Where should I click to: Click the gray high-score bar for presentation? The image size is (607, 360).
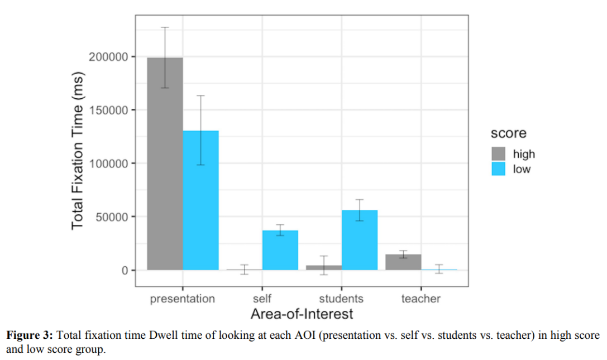pos(165,167)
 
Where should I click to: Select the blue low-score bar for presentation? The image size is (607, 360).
pos(200,201)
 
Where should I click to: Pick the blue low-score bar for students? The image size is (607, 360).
pos(360,240)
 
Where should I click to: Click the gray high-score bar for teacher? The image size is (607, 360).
pos(403,262)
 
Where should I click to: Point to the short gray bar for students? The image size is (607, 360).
pos(324,268)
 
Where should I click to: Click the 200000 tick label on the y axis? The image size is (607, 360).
pos(108,57)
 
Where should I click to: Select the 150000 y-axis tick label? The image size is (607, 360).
pos(108,110)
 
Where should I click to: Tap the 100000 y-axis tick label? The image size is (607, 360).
pos(108,164)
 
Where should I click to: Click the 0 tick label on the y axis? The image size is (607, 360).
pos(125,270)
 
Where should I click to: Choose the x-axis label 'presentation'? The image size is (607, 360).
pos(182,299)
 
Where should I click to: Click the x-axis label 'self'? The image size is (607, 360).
pos(262,299)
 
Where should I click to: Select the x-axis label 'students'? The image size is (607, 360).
pos(341,299)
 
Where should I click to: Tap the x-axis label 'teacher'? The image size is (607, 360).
pos(420,299)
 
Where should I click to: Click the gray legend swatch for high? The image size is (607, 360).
pos(499,153)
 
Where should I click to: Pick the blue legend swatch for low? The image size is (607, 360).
pos(499,169)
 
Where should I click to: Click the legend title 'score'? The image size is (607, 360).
pos(508,133)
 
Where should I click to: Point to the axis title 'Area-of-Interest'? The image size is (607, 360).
pos(302,314)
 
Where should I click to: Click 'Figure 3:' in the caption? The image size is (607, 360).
pos(30,336)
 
